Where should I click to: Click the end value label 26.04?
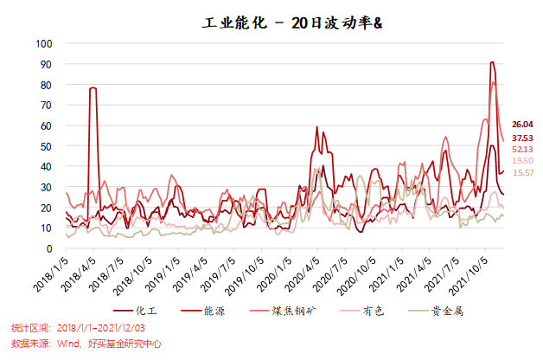521,125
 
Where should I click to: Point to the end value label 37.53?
521,137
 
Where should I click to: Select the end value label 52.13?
521,149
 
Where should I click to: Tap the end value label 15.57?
521,173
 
